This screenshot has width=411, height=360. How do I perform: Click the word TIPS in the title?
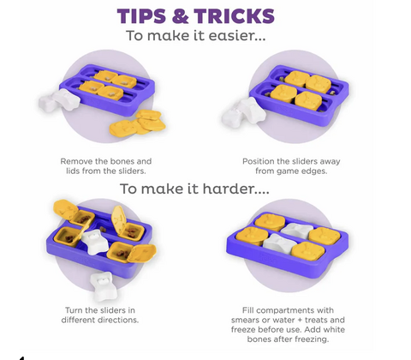pos(141,15)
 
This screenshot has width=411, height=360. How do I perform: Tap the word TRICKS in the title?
pos(235,15)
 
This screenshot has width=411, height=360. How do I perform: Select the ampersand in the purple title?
pos(180,15)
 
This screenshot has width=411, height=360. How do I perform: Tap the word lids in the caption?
pos(73,171)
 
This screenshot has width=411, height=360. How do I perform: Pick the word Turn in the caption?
pos(73,310)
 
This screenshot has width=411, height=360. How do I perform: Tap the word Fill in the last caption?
pos(248,310)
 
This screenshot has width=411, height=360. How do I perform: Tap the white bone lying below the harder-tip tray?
pos(101,285)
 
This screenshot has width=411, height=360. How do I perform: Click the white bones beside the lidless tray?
pos(59,100)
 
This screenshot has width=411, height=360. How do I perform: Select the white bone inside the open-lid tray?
pos(96,243)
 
